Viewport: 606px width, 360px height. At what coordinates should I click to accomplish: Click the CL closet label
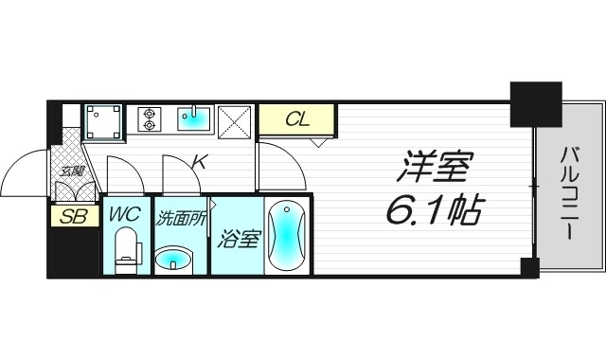click(297, 120)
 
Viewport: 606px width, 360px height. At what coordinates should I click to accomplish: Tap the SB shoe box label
click(73, 217)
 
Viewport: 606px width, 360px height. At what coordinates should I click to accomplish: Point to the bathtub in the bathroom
click(287, 238)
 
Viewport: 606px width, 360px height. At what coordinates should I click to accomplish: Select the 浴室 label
click(237, 239)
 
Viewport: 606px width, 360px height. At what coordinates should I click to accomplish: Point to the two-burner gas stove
click(149, 119)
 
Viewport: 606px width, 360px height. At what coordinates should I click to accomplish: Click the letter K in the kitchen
click(199, 163)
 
